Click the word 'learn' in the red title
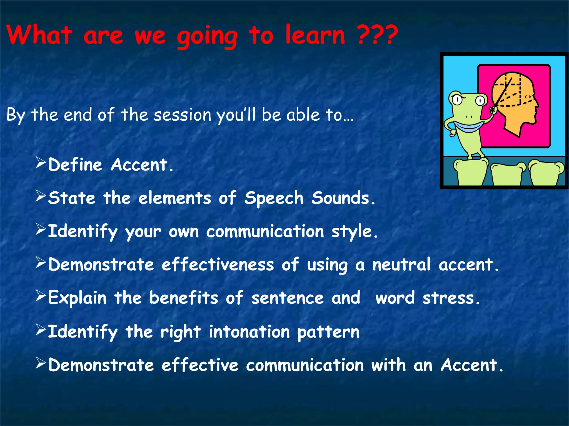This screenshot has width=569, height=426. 315,35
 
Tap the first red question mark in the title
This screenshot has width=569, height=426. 364,35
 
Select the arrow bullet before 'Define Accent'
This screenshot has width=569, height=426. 41,163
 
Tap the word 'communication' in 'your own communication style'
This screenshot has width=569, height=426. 265,231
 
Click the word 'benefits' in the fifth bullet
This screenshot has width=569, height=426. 184,298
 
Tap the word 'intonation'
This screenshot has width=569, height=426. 249,332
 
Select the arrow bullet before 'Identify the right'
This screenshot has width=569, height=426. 41,330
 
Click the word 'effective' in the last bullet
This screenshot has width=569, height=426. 200,365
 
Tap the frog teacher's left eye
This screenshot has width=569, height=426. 457,100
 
